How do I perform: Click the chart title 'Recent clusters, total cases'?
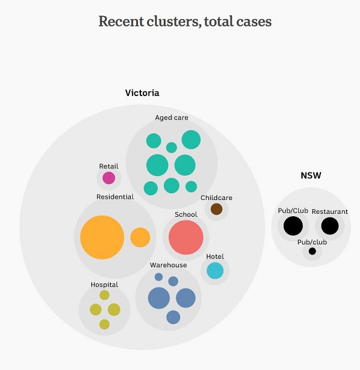[x=185, y=22]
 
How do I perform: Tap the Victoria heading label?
[x=142, y=93]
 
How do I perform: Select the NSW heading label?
[x=311, y=176]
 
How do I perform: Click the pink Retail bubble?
[x=109, y=178]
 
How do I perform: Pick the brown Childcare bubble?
[x=217, y=209]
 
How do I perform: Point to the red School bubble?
[x=186, y=237]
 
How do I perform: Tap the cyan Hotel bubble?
[x=215, y=270]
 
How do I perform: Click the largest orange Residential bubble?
[x=102, y=237]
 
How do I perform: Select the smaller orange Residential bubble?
[x=140, y=237]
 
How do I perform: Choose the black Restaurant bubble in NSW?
[x=330, y=226]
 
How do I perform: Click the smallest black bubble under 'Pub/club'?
[x=312, y=251]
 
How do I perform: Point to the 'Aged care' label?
[x=172, y=118]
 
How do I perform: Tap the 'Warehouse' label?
[x=169, y=265]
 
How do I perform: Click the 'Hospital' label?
[x=104, y=285]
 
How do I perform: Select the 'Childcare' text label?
[x=217, y=198]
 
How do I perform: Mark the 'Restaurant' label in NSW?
[x=330, y=211]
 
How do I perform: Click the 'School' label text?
[x=186, y=214]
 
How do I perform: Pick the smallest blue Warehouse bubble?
[x=158, y=277]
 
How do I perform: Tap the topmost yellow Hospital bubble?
[x=104, y=295]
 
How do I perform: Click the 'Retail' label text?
[x=109, y=166]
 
